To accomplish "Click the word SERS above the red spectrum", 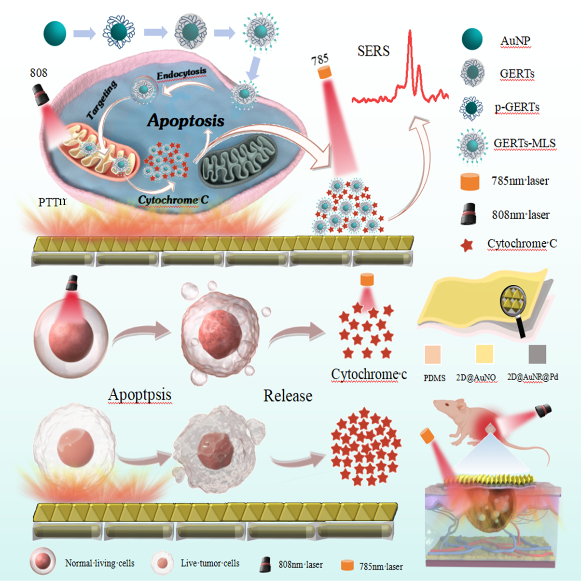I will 373,51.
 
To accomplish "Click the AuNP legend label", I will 515,41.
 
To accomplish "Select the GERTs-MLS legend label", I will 525,143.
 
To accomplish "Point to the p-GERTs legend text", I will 517,107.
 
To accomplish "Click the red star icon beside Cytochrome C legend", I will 466,245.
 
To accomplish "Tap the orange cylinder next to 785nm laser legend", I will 470,181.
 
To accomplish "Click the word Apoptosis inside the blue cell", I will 186,120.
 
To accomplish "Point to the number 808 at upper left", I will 39,73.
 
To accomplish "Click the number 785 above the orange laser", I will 320,60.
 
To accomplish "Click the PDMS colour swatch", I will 433,354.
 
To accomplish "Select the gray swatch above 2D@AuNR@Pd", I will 537,354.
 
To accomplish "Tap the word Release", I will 288,396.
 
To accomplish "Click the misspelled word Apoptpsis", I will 140,395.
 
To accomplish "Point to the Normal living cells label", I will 99,563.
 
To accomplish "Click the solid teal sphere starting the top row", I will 55,33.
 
